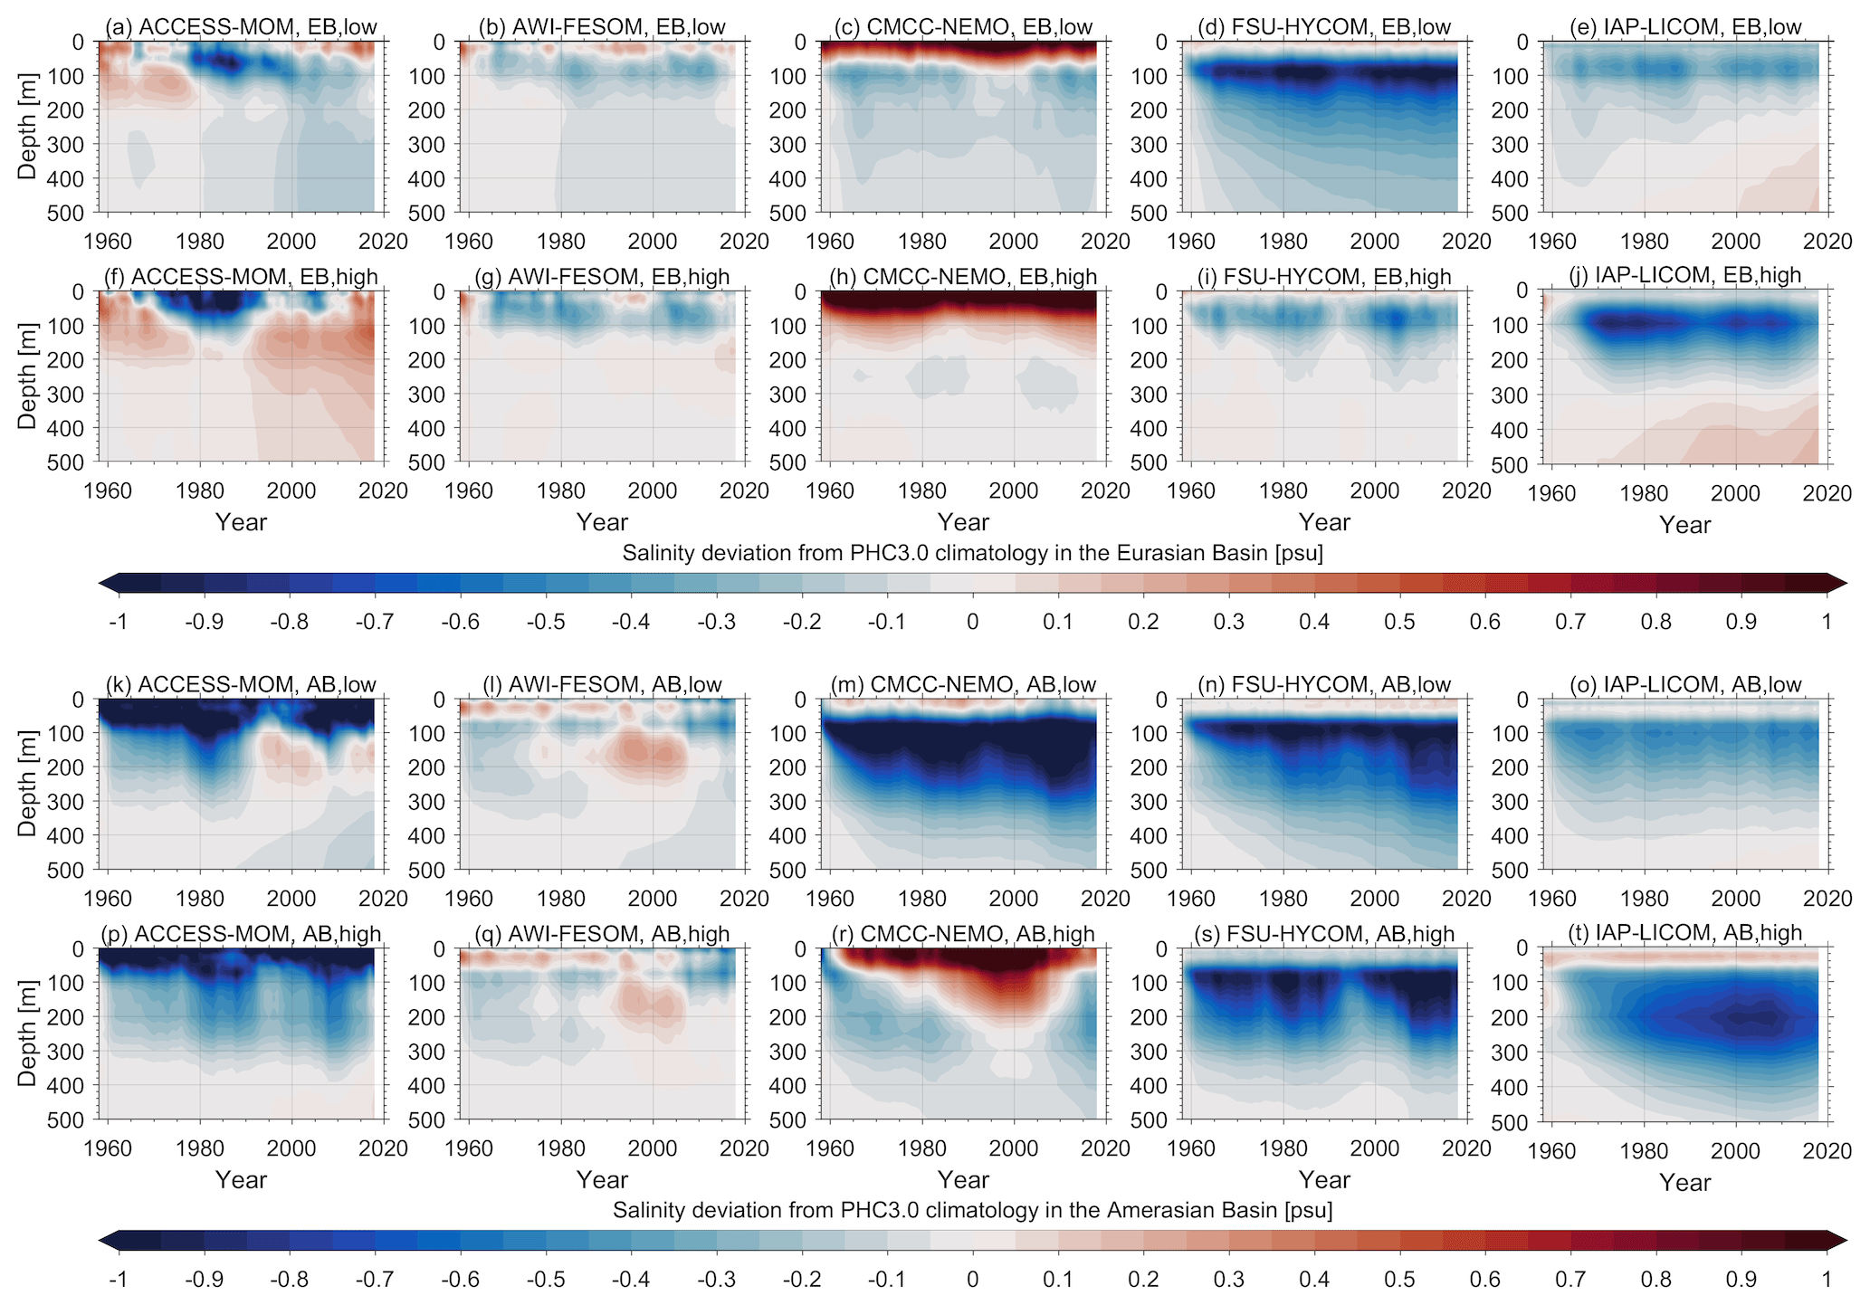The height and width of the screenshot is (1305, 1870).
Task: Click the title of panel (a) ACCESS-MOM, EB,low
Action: [241, 27]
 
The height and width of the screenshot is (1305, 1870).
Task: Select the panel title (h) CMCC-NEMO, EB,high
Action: [963, 277]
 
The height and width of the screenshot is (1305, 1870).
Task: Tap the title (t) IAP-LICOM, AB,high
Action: [1685, 933]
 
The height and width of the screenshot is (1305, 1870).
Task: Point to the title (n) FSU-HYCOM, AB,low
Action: [1324, 685]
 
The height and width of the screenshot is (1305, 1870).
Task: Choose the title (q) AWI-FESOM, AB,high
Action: [602, 935]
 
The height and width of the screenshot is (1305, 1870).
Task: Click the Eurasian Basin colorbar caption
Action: [973, 553]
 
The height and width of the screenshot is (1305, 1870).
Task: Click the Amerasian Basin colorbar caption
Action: [973, 1210]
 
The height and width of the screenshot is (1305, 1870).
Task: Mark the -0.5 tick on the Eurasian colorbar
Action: [547, 622]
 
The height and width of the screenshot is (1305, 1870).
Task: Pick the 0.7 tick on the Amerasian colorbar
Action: [1570, 1280]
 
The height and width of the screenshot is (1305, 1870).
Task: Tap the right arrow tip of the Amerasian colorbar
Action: [1847, 1240]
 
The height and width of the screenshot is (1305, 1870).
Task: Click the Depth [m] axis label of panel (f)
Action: [28, 376]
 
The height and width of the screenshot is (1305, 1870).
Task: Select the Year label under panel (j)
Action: [1685, 525]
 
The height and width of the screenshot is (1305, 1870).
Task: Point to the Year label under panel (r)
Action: [963, 1180]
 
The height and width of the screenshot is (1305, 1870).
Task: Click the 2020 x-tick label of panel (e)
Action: [1827, 242]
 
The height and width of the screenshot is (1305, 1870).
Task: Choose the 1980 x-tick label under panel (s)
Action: [1283, 1148]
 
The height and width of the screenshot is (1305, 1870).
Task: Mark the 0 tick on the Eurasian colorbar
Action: [973, 622]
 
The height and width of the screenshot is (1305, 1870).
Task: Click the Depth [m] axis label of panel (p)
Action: [28, 1034]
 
